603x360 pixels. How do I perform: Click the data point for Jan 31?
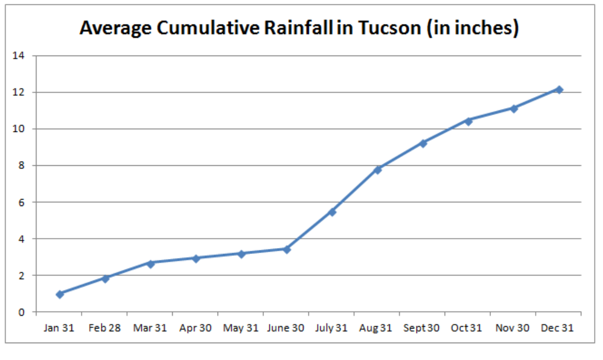60,294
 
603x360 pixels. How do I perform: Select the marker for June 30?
286,250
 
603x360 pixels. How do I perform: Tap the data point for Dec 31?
559,90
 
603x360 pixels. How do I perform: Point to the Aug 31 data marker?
377,170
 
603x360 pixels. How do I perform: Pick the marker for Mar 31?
150,264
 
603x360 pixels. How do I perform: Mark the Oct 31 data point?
468,121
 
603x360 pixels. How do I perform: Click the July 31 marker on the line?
332,212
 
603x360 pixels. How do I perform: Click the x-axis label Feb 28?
105,328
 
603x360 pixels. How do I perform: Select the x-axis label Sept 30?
421,328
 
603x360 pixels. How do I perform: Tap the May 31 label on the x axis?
241,328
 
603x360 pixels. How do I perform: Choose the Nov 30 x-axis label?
512,328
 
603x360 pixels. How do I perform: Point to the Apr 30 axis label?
195,328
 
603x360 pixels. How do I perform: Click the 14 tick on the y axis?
18,56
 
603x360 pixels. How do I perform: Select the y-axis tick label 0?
21,312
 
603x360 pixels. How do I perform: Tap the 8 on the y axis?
21,165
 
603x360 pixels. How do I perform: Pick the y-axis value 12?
18,92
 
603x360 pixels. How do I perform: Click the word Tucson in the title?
389,28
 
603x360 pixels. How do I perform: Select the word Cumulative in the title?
208,28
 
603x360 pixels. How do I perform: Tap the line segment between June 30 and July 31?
309,231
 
